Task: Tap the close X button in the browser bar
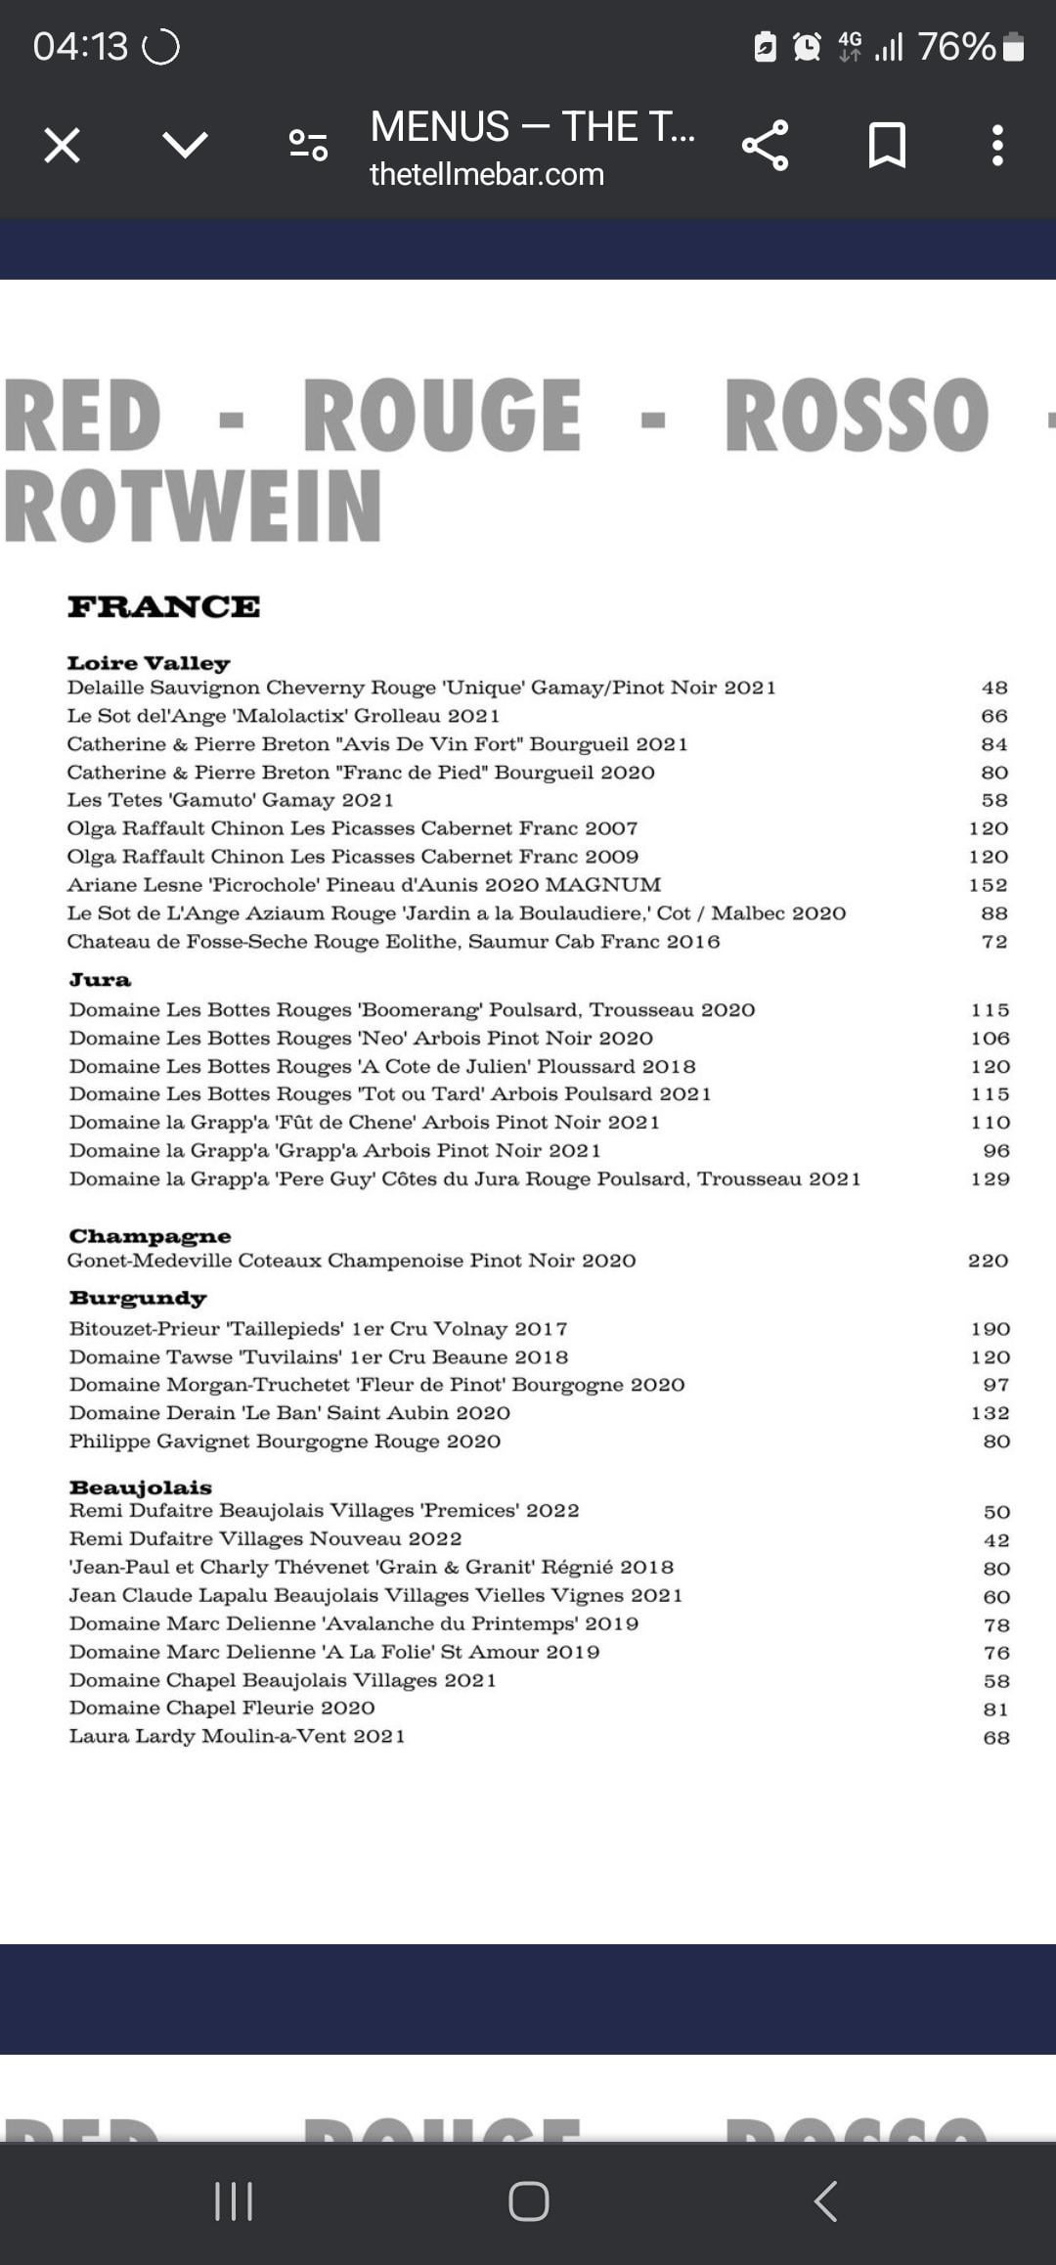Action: click(x=62, y=146)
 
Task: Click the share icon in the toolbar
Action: click(x=765, y=146)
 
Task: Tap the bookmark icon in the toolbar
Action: click(x=887, y=146)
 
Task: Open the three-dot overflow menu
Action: click(x=996, y=146)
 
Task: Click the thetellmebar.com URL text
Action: click(x=486, y=174)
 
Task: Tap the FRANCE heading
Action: click(x=163, y=606)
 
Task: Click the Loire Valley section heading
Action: click(x=149, y=663)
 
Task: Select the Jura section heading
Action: click(x=100, y=980)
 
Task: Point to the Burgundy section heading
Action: click(x=138, y=1299)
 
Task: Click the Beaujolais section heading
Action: click(x=140, y=1488)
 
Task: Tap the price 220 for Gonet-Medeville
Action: click(x=988, y=1261)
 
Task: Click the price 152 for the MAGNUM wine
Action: click(x=988, y=885)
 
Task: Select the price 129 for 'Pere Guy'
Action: click(x=990, y=1179)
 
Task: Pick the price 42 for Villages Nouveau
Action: click(x=995, y=1540)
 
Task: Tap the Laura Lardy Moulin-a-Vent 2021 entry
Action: click(x=237, y=1737)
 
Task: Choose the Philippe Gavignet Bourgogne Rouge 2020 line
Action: click(x=285, y=1442)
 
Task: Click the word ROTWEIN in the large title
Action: click(x=193, y=506)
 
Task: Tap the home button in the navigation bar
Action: click(x=528, y=2201)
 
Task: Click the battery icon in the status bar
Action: click(x=1014, y=46)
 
